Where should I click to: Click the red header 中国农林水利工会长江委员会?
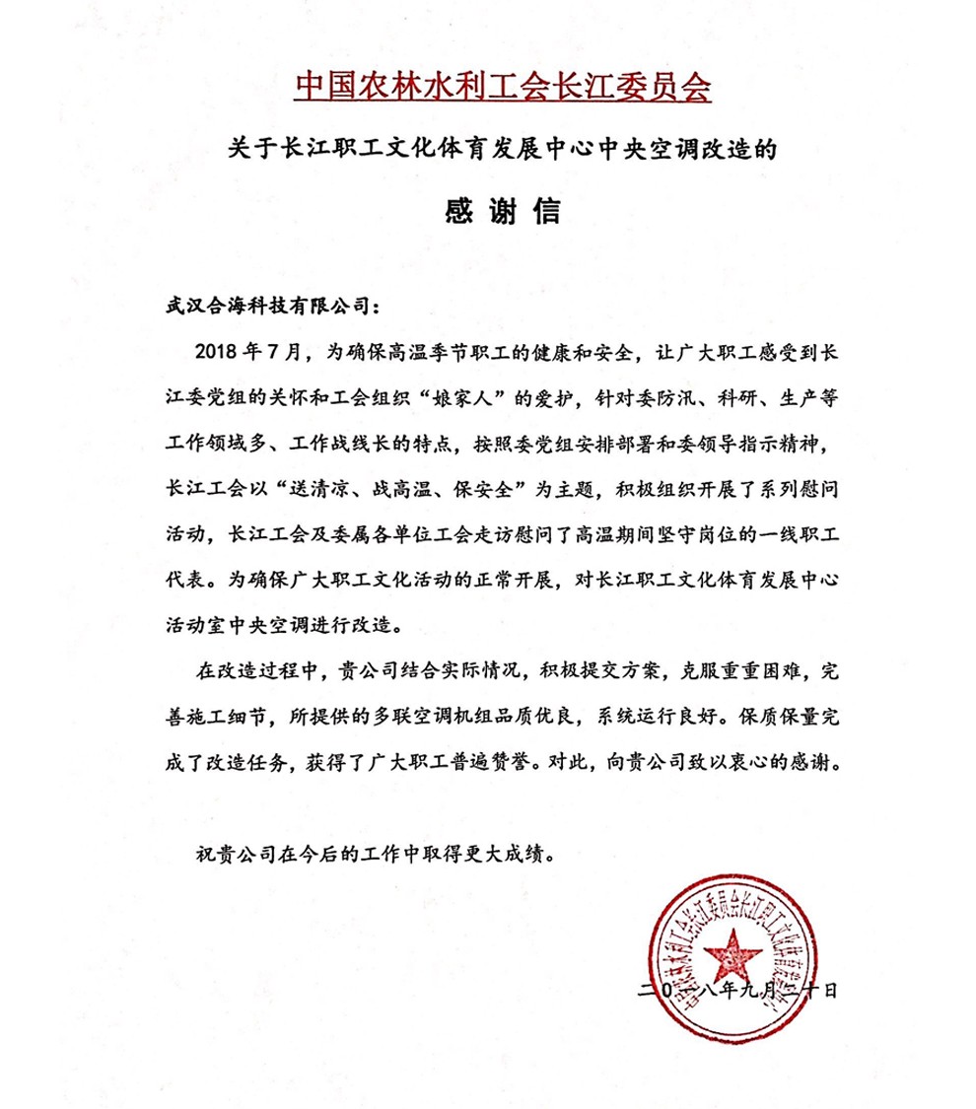pyautogui.click(x=502, y=88)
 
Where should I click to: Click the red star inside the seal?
pyautogui.click(x=735, y=953)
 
